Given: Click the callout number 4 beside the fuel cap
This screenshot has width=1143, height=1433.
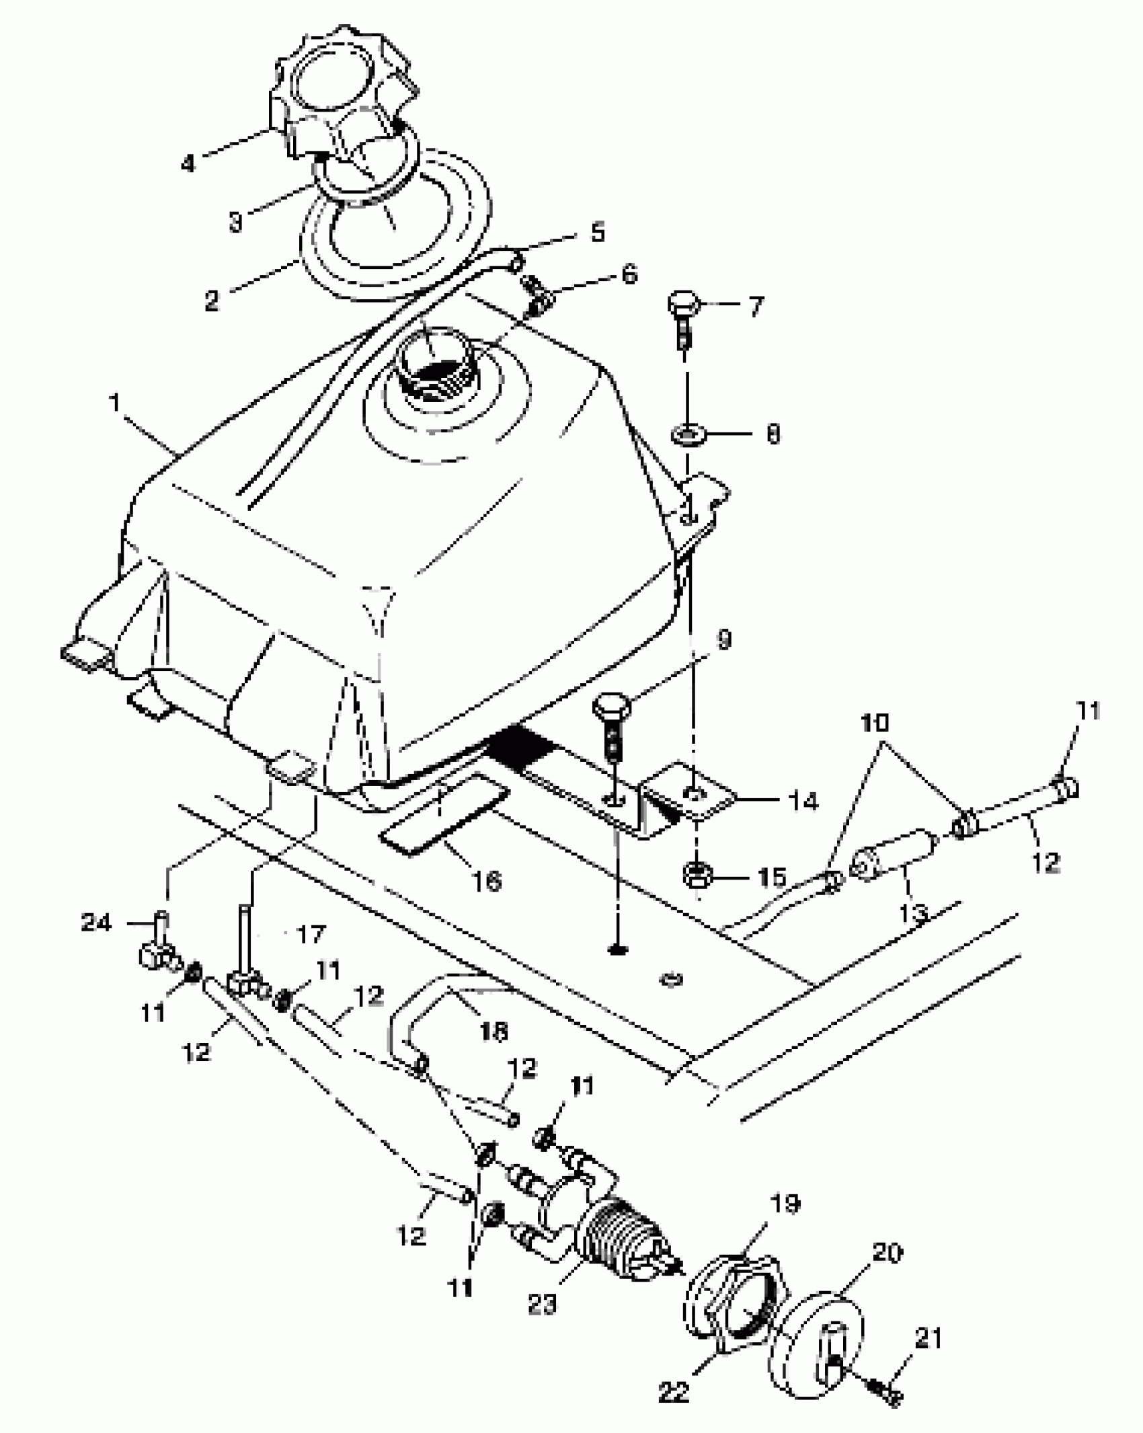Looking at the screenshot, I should tap(188, 163).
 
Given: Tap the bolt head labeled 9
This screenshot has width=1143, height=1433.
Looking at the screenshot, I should tap(610, 707).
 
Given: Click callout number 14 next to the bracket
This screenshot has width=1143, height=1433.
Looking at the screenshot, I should tap(800, 801).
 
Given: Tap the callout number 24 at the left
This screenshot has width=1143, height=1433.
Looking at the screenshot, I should tap(95, 923).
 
